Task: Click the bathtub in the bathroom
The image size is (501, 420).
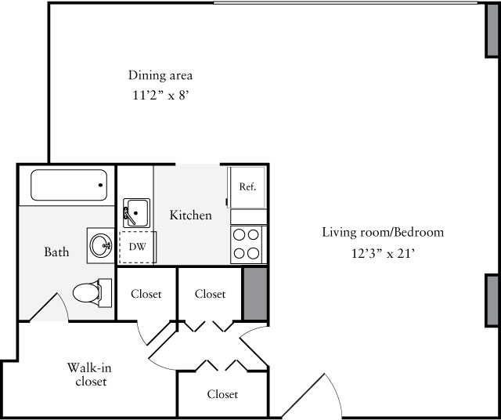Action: [x=69, y=185]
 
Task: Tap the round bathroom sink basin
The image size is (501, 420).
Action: [x=101, y=245]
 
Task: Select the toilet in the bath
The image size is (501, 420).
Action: [x=92, y=293]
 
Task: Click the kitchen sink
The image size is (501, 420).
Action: [x=136, y=213]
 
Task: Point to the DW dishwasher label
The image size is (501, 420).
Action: [x=138, y=247]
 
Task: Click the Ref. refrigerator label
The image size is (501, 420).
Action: [x=247, y=186]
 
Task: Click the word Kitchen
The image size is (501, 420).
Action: [x=191, y=215]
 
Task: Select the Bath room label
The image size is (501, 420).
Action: [x=56, y=252]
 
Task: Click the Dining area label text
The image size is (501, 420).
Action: [x=160, y=75]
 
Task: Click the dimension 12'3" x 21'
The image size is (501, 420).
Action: [x=383, y=253]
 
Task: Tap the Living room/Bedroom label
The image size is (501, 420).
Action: [x=383, y=232]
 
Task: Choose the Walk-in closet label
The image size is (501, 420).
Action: [x=90, y=375]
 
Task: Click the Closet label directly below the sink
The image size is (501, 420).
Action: [x=146, y=294]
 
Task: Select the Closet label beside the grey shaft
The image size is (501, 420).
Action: [x=211, y=294]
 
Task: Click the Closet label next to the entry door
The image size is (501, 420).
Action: [x=222, y=394]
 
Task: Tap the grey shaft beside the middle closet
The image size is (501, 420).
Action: [x=255, y=293]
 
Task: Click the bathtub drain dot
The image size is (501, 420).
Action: [x=100, y=185]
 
